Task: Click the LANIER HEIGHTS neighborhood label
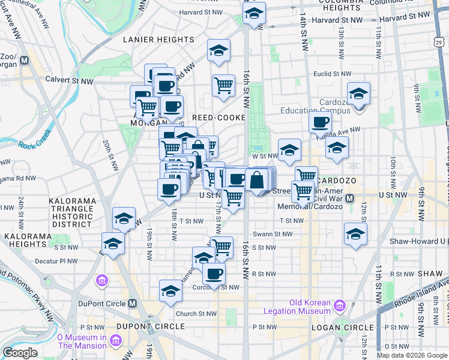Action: tap(158, 40)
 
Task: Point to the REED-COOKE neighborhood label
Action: tap(215, 117)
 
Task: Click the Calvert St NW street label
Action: tap(71, 80)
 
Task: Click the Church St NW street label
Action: tap(196, 313)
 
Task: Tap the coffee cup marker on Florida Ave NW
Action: tap(321, 122)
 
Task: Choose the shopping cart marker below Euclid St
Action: tap(224, 85)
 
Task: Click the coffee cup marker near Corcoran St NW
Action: tap(214, 274)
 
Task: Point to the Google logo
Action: tap(19, 353)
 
